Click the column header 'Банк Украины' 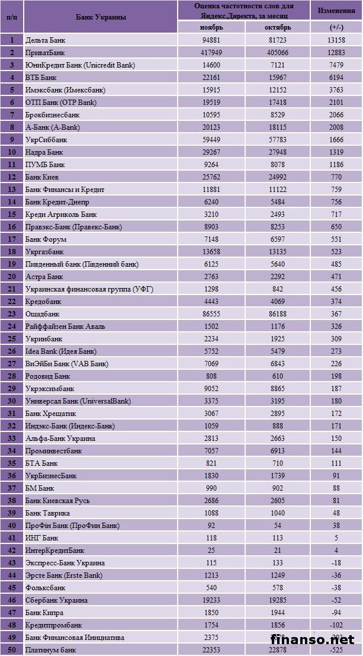coord(101,17)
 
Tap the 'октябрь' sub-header coord(277,28)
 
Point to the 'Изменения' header coord(336,11)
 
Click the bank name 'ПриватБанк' coord(45,53)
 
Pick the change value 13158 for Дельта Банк coord(336,40)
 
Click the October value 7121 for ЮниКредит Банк coord(277,65)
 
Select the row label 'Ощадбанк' coord(43,313)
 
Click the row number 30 coord(12,401)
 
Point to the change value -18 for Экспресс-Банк coord(336,562)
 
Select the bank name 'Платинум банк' coord(51,649)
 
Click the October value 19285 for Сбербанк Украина coord(277,600)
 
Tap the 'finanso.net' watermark coord(312,639)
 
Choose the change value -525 coord(336,649)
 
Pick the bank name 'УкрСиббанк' coord(46,140)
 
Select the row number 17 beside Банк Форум coord(12,239)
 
